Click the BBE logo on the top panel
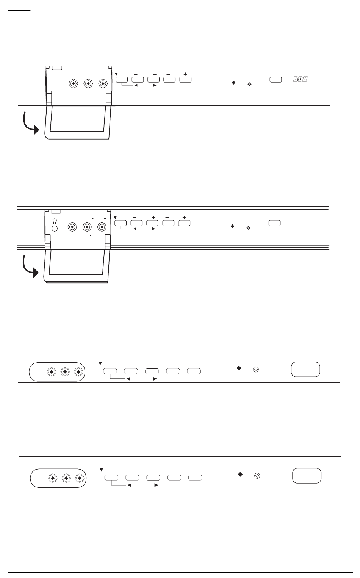point(300,79)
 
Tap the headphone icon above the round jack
point(55,221)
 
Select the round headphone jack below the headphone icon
point(55,229)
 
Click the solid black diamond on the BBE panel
point(233,83)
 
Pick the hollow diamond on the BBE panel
point(250,85)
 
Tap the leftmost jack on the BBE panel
point(74,84)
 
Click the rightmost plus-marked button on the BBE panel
point(185,80)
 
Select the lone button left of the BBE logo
point(275,80)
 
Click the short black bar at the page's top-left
point(19,11)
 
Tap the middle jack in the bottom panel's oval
point(66,478)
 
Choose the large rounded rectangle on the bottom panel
point(307,476)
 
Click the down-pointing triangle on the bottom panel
point(102,470)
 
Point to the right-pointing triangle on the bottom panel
point(156,485)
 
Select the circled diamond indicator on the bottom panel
point(257,476)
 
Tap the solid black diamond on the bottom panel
point(240,474)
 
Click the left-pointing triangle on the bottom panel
point(130,485)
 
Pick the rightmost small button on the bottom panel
point(195,478)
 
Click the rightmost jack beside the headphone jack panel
point(102,227)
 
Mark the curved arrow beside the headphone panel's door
point(30,267)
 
